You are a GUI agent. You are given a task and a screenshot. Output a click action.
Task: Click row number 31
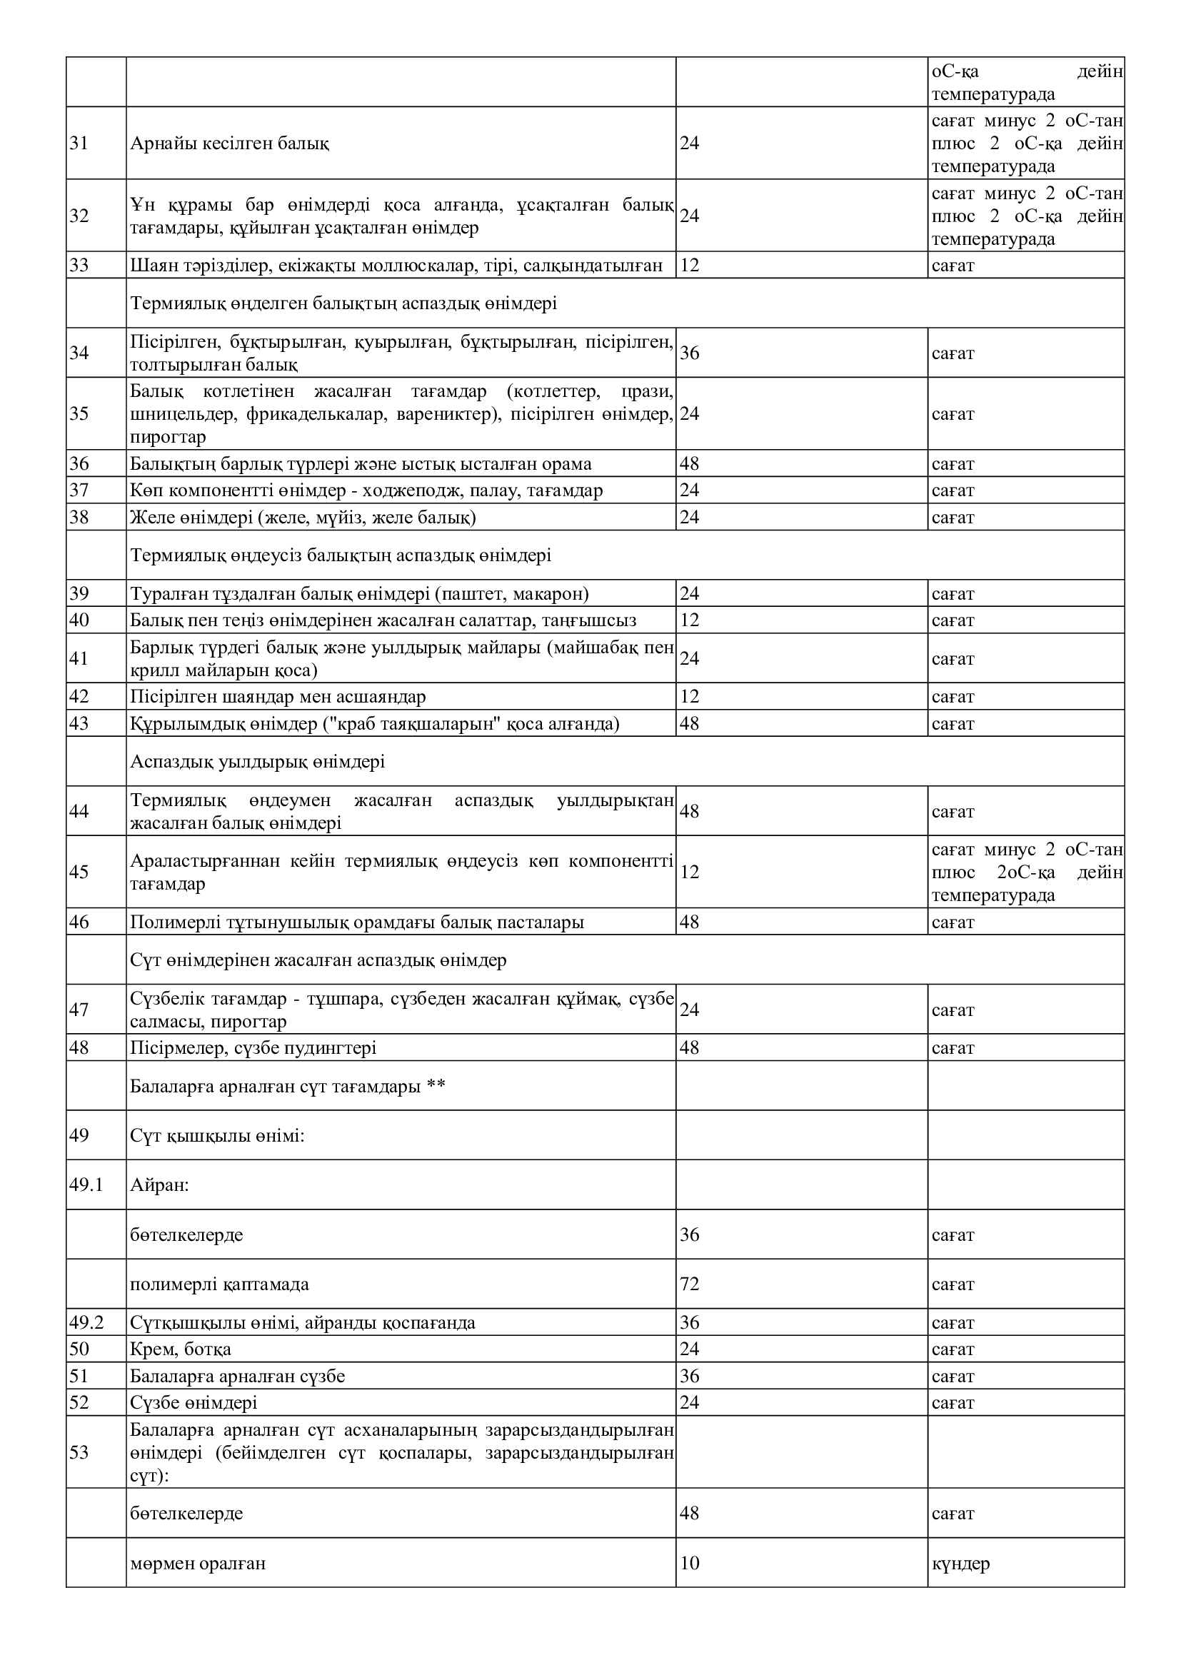(x=79, y=144)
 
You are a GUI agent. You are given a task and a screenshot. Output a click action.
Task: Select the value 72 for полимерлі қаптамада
(x=690, y=1284)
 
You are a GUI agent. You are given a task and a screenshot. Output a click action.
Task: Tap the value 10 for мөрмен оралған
(x=690, y=1562)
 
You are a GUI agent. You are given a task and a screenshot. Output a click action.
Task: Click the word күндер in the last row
(x=960, y=1562)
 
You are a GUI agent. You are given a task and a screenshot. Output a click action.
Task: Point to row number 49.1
(x=86, y=1185)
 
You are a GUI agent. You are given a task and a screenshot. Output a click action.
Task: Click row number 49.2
(x=86, y=1322)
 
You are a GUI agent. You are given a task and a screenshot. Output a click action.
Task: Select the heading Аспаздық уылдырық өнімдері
(x=258, y=762)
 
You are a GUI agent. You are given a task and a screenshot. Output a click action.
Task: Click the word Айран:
(x=159, y=1185)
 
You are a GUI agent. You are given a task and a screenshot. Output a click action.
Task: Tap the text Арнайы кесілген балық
(x=230, y=144)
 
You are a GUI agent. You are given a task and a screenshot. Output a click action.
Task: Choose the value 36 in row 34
(x=690, y=353)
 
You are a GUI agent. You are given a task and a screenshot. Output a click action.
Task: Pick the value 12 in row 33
(x=690, y=266)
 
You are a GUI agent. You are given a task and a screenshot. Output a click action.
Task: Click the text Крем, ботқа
(x=181, y=1349)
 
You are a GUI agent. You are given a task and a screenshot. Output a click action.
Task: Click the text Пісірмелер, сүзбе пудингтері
(x=253, y=1048)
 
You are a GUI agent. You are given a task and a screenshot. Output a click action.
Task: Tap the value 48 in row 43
(x=690, y=724)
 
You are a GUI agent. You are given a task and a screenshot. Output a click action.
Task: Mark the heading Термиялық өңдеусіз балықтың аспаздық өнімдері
(x=341, y=555)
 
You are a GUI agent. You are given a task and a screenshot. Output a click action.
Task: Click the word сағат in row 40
(x=953, y=620)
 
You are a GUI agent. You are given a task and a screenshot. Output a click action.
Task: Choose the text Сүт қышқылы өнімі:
(x=217, y=1135)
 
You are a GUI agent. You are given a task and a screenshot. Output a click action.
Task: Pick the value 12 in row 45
(x=690, y=872)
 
